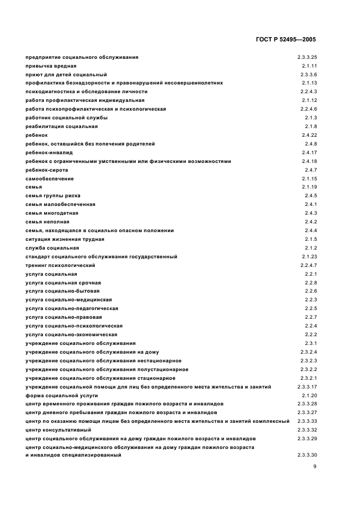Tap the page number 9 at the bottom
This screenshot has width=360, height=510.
315,466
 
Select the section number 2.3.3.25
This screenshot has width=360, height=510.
307,57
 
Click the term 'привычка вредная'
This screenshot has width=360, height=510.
47,65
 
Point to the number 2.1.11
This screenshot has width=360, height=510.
309,65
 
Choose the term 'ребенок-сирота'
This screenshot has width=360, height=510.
47,170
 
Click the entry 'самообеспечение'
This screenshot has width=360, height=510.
50,179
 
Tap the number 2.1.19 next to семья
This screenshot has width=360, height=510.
309,187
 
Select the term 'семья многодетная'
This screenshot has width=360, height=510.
52,213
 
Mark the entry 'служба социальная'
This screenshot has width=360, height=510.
52,248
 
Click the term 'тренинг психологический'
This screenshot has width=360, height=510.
60,265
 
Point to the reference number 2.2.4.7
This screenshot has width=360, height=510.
307,265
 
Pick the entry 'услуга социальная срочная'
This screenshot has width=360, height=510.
63,283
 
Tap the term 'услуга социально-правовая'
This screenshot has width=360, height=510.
64,317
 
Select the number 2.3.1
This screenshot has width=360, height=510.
311,343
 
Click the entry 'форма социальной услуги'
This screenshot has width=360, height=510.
62,395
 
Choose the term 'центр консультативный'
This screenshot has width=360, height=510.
58,430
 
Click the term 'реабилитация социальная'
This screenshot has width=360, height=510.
62,126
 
